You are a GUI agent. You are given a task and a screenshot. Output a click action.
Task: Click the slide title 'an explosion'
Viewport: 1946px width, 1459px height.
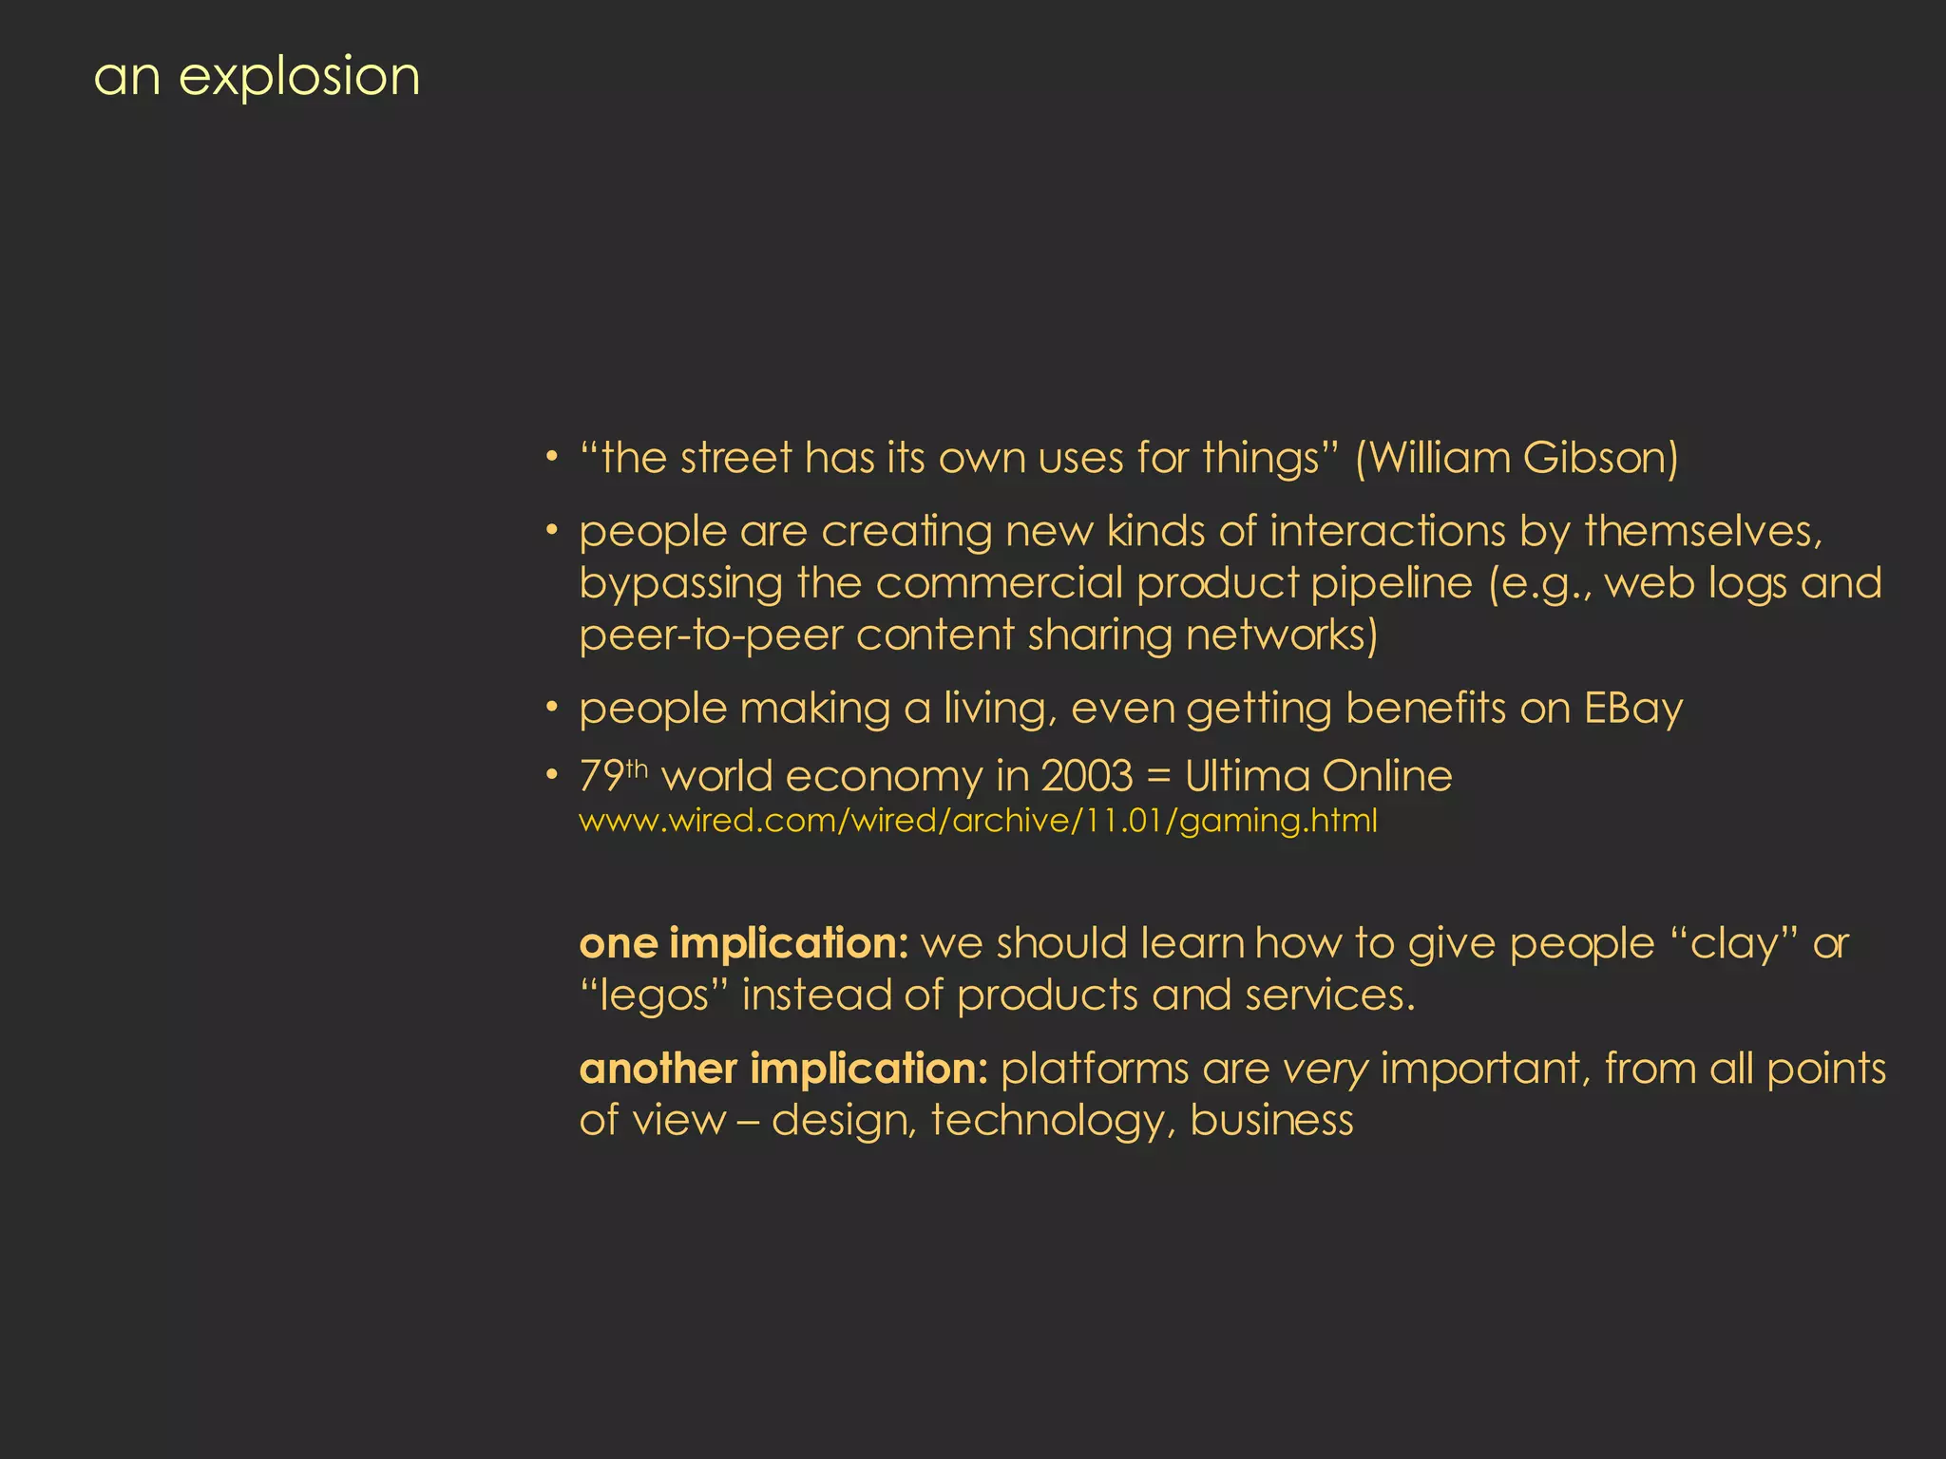click(x=257, y=78)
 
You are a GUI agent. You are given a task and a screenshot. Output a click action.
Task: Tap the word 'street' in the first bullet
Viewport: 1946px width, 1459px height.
click(x=736, y=459)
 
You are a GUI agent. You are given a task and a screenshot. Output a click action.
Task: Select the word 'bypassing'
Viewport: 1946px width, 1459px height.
click(x=681, y=584)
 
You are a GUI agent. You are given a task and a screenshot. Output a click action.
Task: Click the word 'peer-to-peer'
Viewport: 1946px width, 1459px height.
click(x=711, y=635)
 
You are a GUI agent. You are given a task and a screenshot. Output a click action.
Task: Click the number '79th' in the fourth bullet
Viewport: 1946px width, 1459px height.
click(x=613, y=776)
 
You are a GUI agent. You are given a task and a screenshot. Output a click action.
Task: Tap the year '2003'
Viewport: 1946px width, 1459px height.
click(x=1087, y=777)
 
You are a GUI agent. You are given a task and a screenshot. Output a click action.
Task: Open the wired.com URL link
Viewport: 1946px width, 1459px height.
click(x=978, y=821)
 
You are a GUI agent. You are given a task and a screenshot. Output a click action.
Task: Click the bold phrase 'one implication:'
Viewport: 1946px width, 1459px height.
click(x=744, y=944)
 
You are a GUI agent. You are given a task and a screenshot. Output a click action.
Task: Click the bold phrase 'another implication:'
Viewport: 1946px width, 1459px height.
click(x=784, y=1070)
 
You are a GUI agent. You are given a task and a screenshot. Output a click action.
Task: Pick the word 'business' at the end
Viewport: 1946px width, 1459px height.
click(x=1271, y=1121)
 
